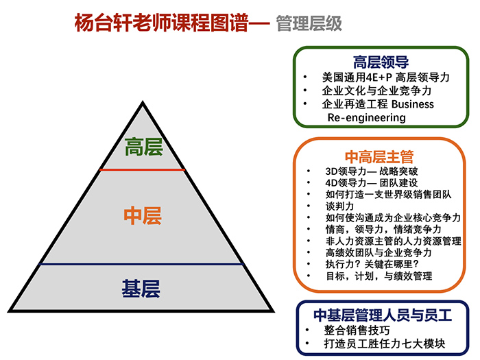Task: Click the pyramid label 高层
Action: click(x=143, y=147)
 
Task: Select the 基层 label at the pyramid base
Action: click(x=141, y=289)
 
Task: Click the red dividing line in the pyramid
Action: click(x=143, y=169)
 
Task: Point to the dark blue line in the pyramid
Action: click(x=143, y=263)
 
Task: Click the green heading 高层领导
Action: click(x=381, y=60)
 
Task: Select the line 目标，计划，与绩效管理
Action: click(x=379, y=276)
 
